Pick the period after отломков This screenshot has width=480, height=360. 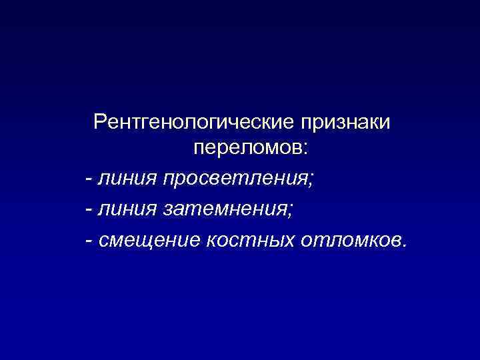click(401, 243)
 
